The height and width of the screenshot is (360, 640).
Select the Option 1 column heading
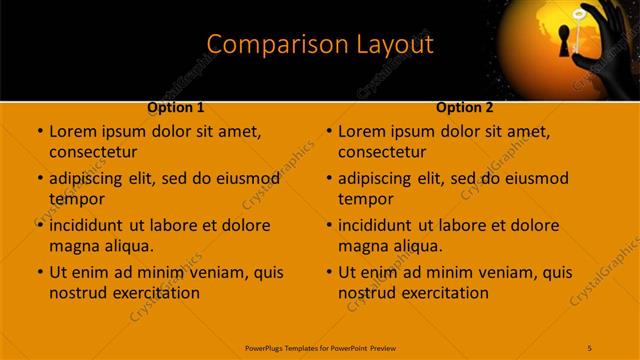tap(176, 107)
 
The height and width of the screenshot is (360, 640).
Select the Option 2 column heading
tap(465, 107)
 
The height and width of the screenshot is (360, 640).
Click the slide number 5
tap(590, 347)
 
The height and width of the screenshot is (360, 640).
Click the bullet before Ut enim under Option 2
tap(329, 272)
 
